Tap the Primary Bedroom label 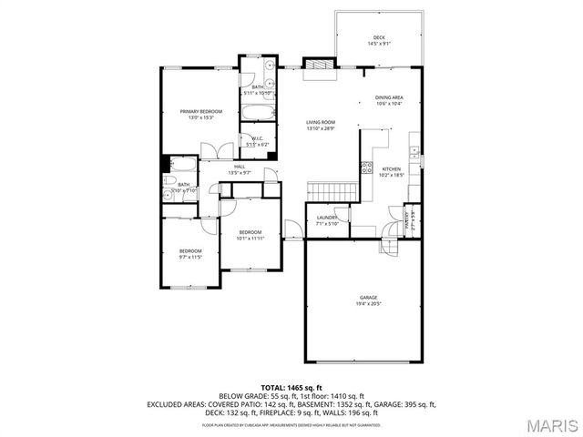point(200,111)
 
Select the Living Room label point(321,122)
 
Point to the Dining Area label point(389,97)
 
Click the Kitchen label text point(391,169)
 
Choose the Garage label point(367,298)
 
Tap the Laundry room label point(327,218)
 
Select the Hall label point(240,167)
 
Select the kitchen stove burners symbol point(367,167)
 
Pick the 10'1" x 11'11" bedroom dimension point(251,239)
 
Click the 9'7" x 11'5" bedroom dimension point(189,258)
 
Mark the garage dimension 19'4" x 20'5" point(367,304)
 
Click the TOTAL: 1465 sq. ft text point(291,389)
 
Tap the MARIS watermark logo point(552,423)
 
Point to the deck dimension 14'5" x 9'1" point(379,44)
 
